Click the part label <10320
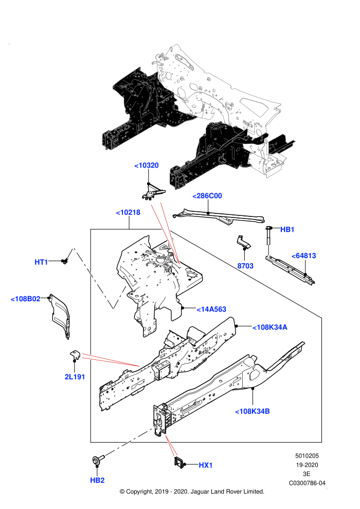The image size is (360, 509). (147, 166)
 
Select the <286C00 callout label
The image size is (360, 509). (207, 196)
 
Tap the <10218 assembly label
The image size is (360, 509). (128, 213)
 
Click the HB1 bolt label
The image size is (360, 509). (287, 229)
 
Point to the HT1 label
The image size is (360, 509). (41, 262)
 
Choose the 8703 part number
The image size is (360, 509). (245, 266)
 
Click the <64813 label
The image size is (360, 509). (304, 256)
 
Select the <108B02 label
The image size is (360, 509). (26, 299)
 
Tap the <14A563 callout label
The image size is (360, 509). (211, 310)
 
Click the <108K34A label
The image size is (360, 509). (270, 328)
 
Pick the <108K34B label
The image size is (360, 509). (253, 412)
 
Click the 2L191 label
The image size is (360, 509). (75, 377)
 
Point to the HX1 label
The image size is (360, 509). (206, 465)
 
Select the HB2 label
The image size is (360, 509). (97, 480)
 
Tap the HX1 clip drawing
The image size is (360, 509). (179, 463)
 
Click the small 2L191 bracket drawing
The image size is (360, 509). (75, 355)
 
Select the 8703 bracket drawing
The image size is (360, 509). (243, 242)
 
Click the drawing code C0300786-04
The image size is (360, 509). (307, 483)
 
